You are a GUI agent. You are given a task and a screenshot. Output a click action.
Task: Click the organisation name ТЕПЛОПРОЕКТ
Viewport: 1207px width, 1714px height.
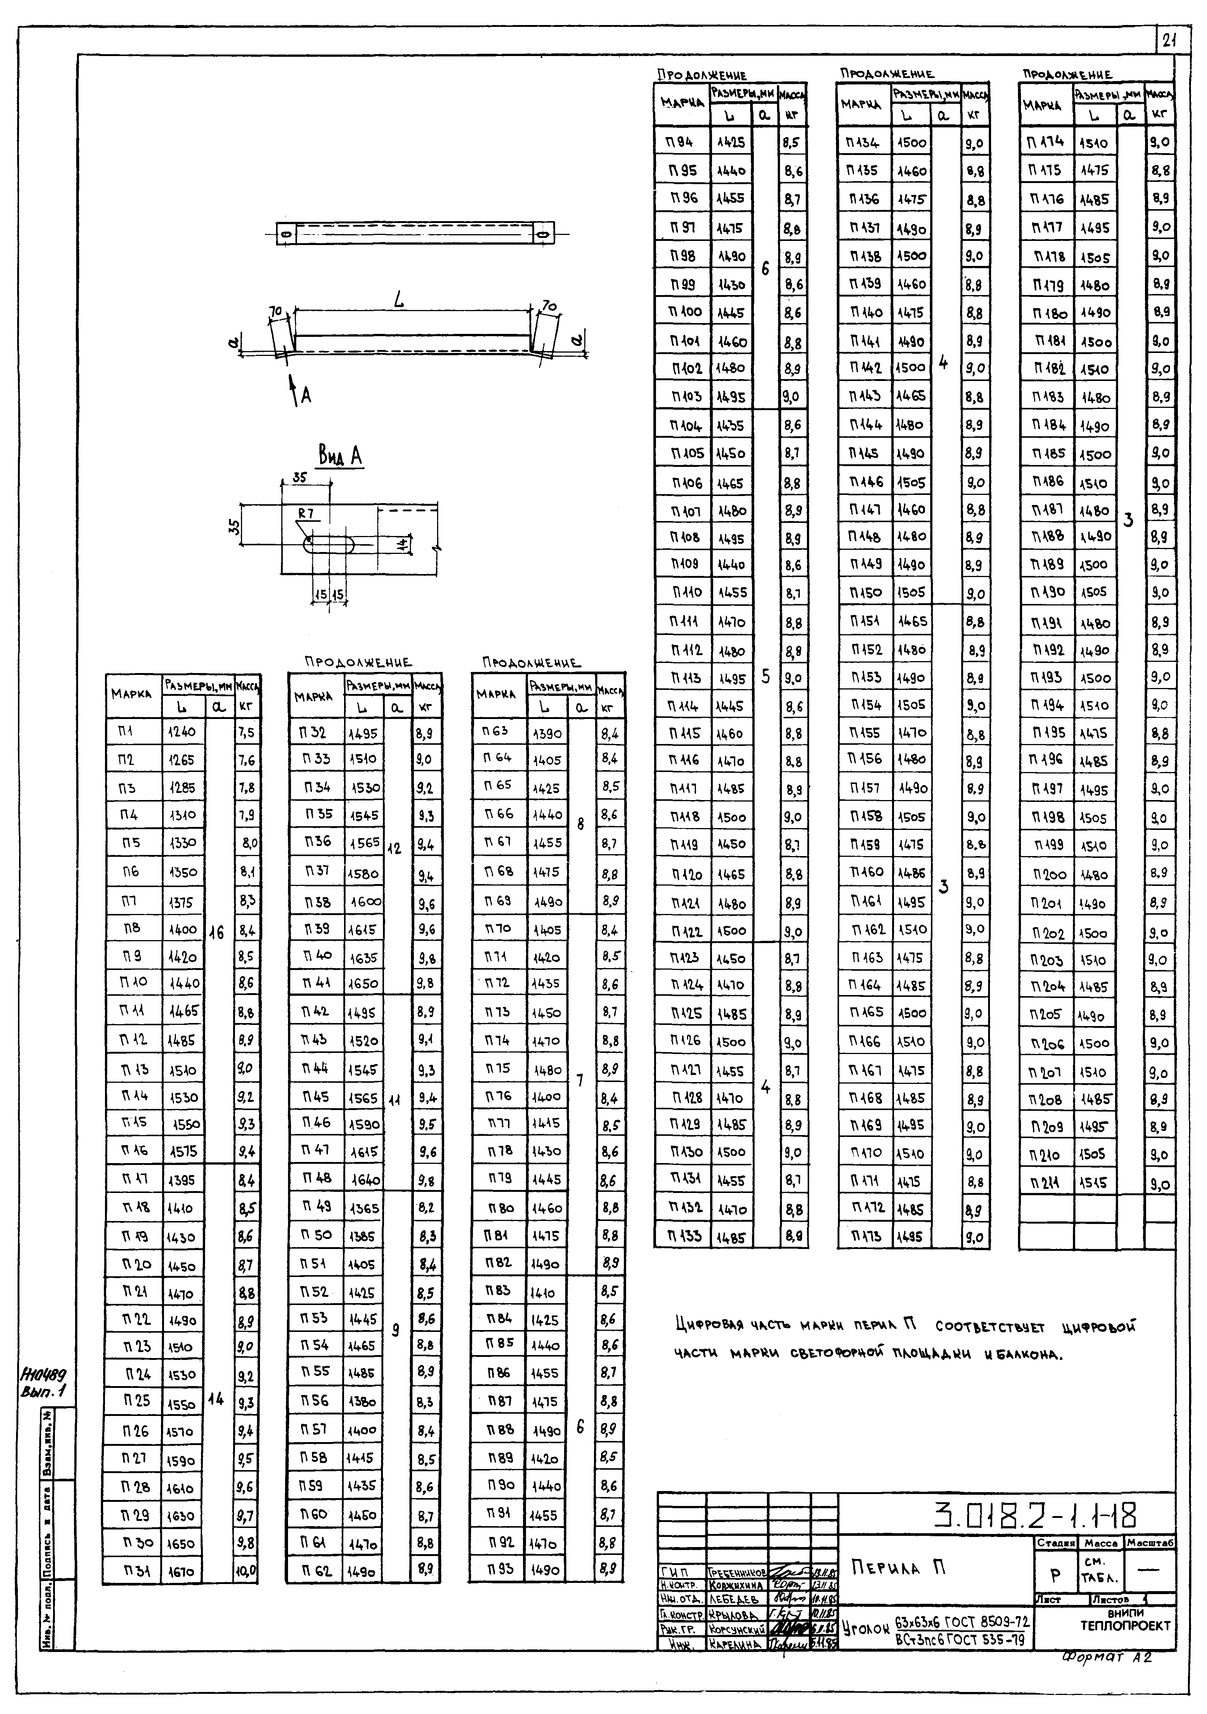[x=1125, y=1625]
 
